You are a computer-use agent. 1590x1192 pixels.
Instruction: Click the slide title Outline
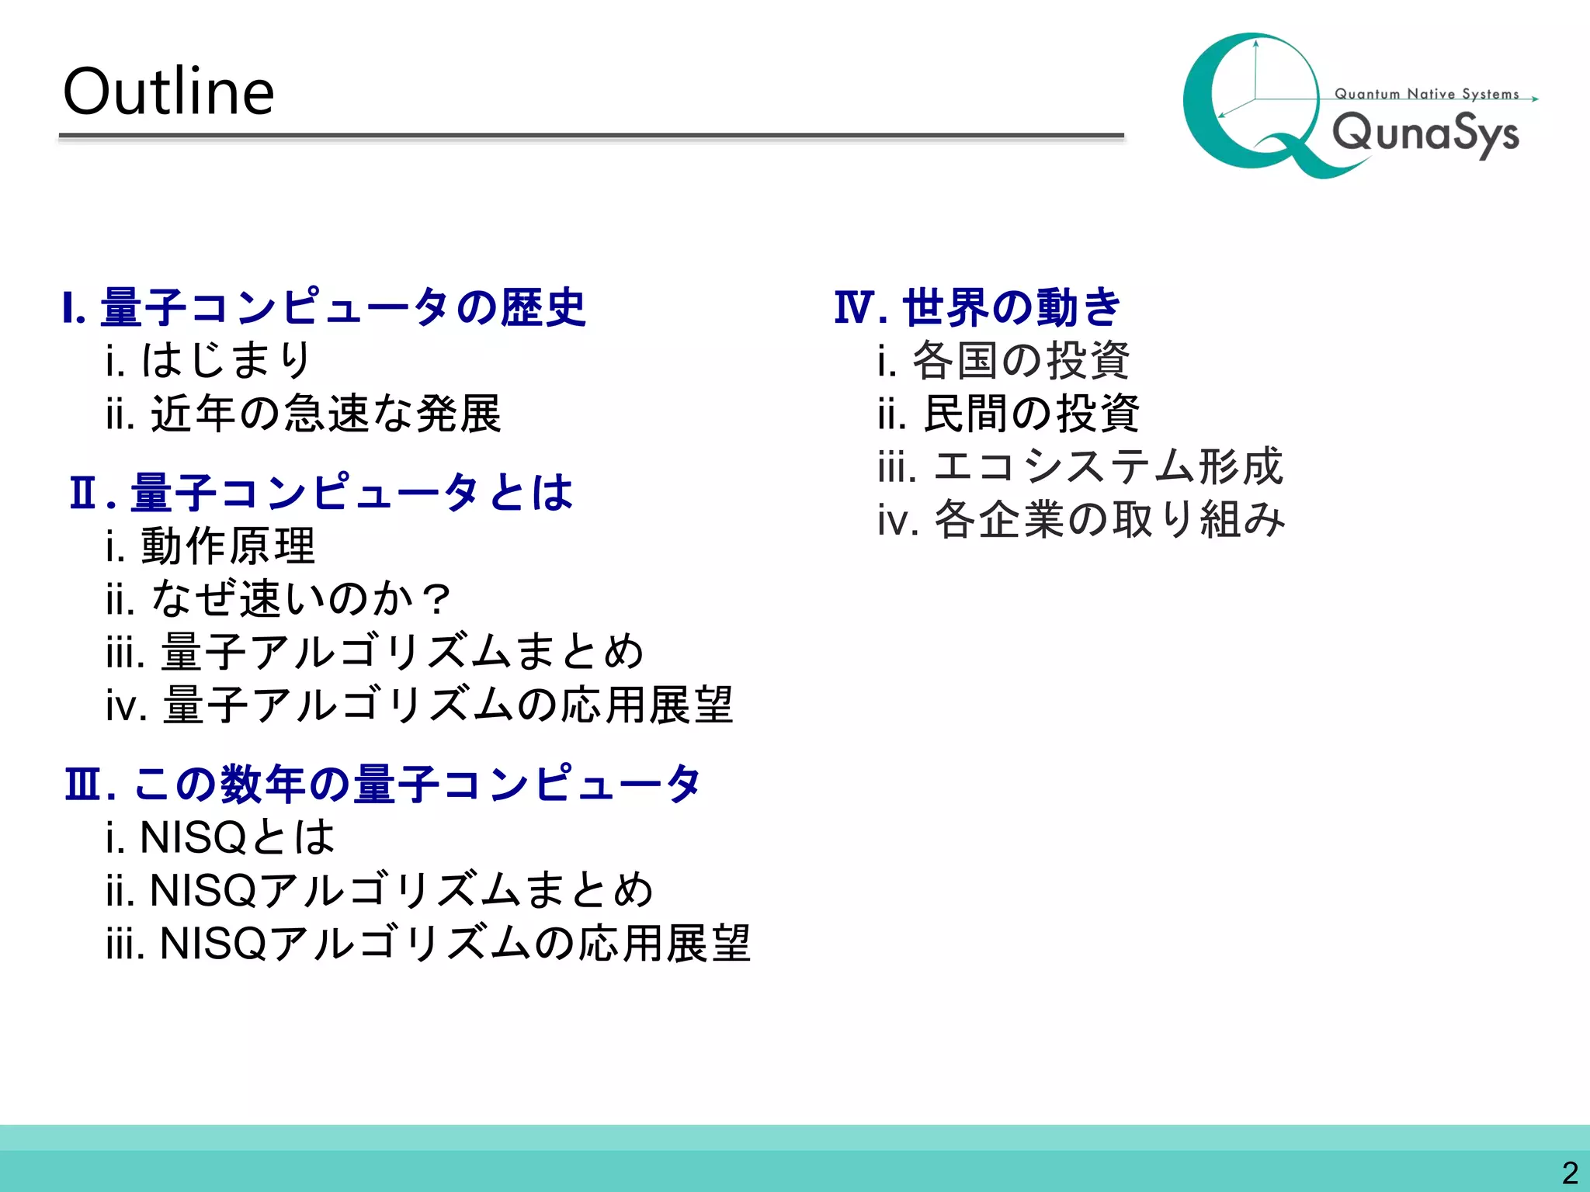[168, 92]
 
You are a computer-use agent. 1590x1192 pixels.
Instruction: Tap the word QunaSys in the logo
[1425, 133]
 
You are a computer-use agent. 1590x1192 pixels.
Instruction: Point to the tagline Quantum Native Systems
[1426, 94]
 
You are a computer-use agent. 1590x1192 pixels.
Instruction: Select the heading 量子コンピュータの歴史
[342, 307]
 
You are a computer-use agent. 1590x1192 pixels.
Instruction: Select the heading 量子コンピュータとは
[351, 492]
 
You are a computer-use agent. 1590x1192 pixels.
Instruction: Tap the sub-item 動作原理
[227, 546]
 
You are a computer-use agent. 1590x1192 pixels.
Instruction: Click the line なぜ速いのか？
[300, 598]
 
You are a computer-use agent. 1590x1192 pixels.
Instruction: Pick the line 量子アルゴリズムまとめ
[402, 651]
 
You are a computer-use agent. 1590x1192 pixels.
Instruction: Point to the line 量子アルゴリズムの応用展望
[447, 705]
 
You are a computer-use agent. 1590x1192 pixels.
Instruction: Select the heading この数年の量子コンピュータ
[417, 783]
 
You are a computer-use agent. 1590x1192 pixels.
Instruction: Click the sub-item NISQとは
[236, 837]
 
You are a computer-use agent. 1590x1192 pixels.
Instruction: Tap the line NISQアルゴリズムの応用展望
[454, 944]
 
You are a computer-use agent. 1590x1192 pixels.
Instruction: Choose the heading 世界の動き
[1011, 307]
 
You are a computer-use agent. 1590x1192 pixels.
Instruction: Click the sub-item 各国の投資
[1020, 360]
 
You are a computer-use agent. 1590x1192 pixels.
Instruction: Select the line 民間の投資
[1031, 413]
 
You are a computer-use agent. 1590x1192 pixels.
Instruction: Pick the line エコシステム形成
[1108, 466]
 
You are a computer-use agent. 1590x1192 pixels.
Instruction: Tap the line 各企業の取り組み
[1109, 519]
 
